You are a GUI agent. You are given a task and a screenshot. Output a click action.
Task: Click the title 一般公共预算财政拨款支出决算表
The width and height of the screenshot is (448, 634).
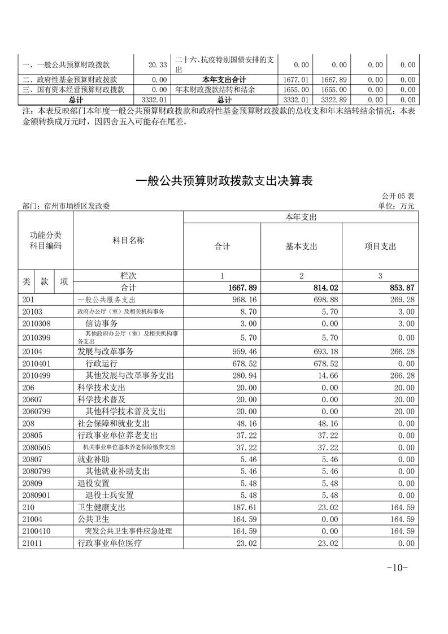click(224, 181)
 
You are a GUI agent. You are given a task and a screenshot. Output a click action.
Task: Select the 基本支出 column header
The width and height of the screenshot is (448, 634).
click(301, 246)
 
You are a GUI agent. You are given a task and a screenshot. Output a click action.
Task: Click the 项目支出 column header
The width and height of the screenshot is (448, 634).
click(380, 246)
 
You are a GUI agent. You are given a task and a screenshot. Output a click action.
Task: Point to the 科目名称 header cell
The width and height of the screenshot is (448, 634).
click(128, 240)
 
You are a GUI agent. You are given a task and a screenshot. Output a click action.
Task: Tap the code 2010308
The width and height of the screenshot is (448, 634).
click(36, 323)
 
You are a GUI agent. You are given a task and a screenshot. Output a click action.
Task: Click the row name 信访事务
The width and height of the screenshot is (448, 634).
click(101, 323)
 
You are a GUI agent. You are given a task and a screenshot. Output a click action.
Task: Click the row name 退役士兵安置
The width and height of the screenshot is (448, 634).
click(110, 495)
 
